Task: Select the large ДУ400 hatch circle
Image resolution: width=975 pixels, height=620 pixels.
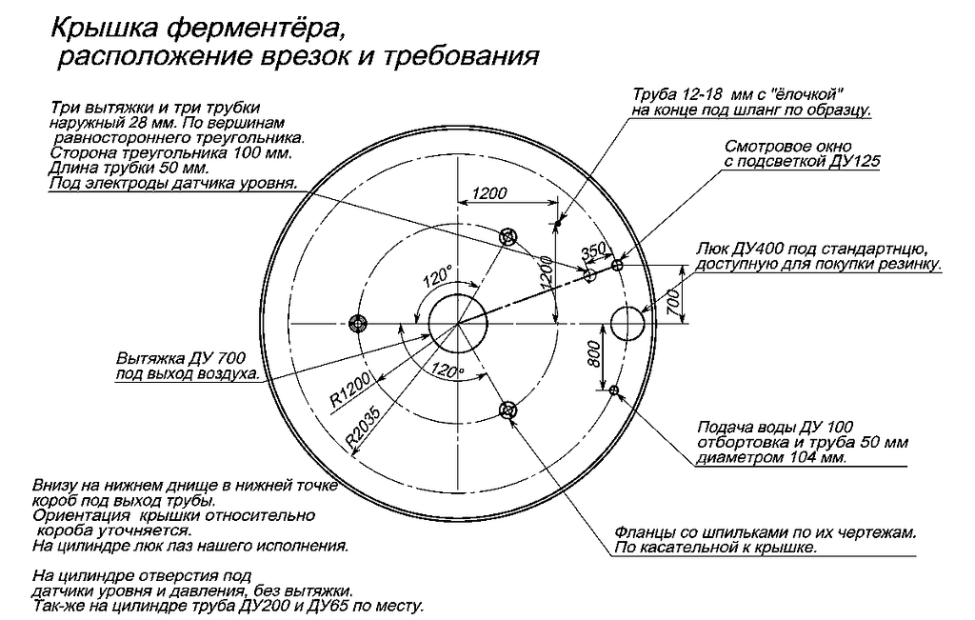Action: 627,323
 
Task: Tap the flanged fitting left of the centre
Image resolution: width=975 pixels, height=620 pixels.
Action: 358,323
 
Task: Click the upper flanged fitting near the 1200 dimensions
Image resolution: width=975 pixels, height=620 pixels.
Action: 507,236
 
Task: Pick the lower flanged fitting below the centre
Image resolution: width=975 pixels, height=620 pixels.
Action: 507,410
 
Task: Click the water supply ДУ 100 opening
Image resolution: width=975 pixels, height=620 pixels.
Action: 614,389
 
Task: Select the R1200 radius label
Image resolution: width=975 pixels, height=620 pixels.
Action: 350,390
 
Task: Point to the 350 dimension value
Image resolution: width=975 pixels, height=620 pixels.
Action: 593,250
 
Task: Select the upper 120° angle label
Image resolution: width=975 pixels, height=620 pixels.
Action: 437,278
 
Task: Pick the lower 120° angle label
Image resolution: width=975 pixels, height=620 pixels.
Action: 447,370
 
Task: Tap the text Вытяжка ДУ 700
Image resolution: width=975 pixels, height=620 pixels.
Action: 181,359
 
